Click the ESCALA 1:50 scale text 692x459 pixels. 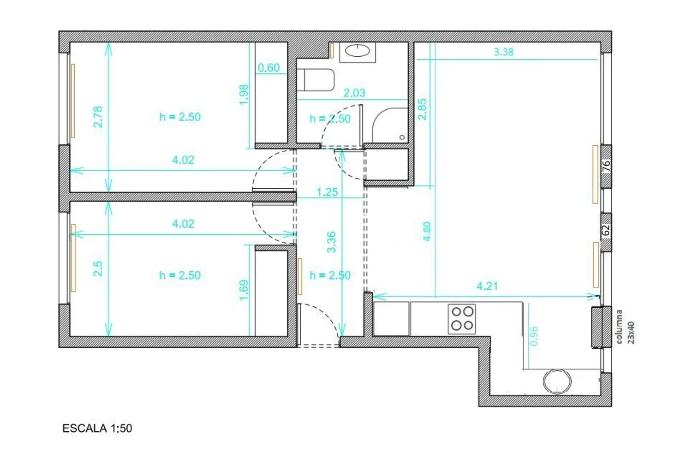pos(97,429)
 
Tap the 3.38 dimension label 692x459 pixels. pos(504,52)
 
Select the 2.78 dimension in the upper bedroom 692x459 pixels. pos(98,117)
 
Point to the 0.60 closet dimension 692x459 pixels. pos(268,68)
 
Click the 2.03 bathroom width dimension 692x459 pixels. pos(354,93)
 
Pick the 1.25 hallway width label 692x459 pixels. pos(328,192)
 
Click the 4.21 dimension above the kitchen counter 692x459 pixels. pos(487,286)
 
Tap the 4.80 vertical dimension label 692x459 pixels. pos(427,232)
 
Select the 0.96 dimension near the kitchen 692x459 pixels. pos(533,336)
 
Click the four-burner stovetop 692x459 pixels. pos(462,319)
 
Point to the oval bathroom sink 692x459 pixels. pos(357,51)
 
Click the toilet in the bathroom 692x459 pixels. pos(315,80)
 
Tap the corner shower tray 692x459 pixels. pos(390,125)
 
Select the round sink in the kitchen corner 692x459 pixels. pos(557,382)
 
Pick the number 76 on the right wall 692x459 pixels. pos(607,166)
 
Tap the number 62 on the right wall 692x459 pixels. pos(606,230)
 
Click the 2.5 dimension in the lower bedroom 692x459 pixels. pos(98,268)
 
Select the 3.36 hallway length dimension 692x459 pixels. pos(331,242)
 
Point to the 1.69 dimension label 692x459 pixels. pos(244,290)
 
